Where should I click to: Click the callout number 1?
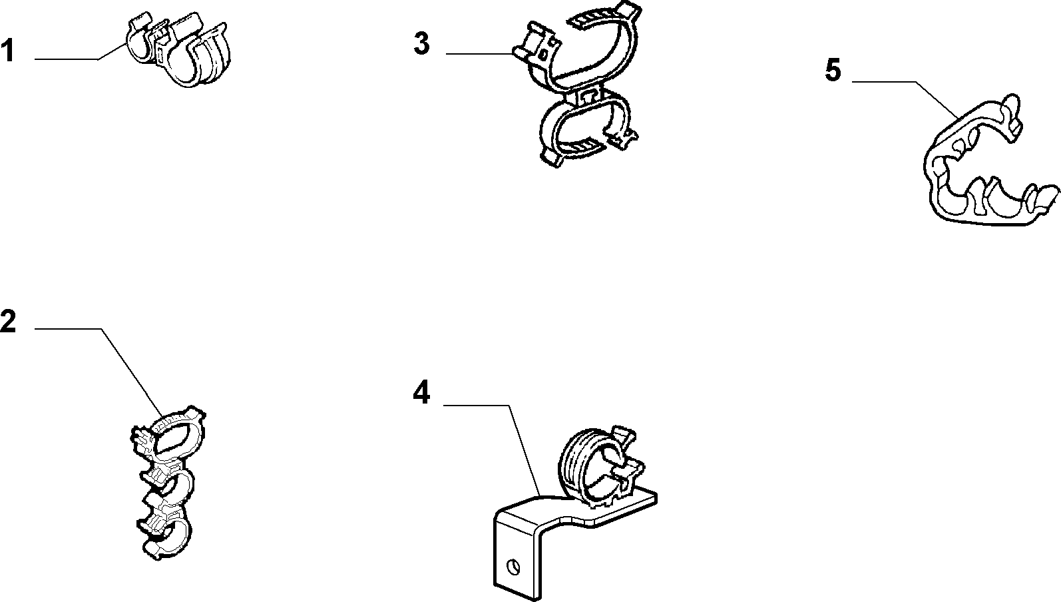point(7,51)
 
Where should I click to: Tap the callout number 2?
point(8,322)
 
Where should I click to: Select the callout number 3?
point(421,43)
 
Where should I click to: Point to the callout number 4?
point(421,393)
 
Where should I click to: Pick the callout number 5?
point(833,70)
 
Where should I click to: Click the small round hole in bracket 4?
point(513,566)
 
